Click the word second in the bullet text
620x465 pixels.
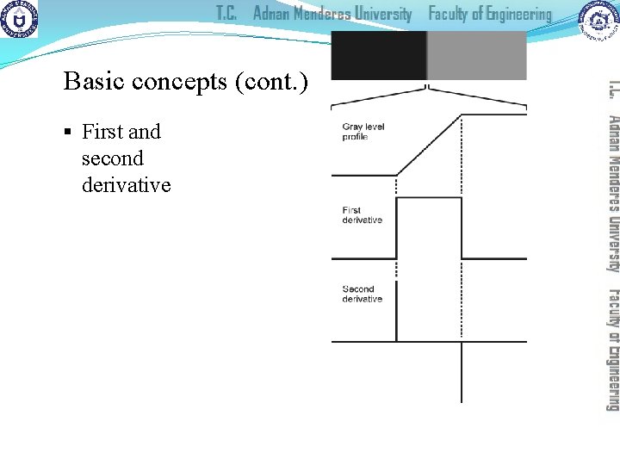pos(113,158)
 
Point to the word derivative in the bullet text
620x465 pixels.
pos(127,185)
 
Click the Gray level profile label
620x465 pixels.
pos(363,132)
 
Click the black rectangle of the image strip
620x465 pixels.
pos(378,56)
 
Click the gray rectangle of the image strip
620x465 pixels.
pos(476,56)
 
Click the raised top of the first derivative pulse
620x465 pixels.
pos(429,199)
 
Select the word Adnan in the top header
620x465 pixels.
pos(276,14)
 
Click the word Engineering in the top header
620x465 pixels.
pos(514,15)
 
